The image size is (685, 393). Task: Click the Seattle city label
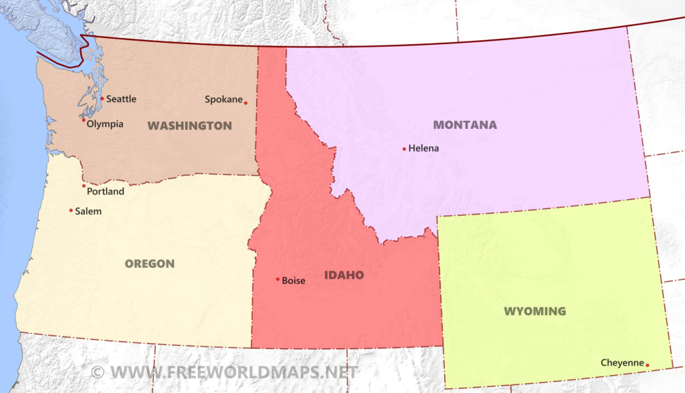coord(121,99)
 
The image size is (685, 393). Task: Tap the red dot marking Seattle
coord(102,99)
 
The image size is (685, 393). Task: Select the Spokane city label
coord(223,100)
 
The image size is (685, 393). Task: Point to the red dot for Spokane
coord(246,103)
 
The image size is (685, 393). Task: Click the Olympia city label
coord(105,124)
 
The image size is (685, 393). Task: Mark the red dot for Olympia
coord(84,120)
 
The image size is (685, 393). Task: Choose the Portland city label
coord(106,191)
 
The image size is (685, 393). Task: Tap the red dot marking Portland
coord(84,186)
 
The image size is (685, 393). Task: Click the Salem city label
coord(88,211)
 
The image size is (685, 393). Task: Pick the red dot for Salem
coord(71,211)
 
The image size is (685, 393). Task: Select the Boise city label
coord(294,281)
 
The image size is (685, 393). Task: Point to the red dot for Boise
coord(278,279)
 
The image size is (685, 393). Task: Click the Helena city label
coord(423,148)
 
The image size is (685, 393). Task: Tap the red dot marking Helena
coord(404,149)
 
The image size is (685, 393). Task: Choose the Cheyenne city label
coord(621,363)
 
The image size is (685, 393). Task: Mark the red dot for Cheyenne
coord(648,366)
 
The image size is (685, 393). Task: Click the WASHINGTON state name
coord(189,126)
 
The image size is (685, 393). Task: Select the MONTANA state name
coord(465,125)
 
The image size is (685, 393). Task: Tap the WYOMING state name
coord(534,311)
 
